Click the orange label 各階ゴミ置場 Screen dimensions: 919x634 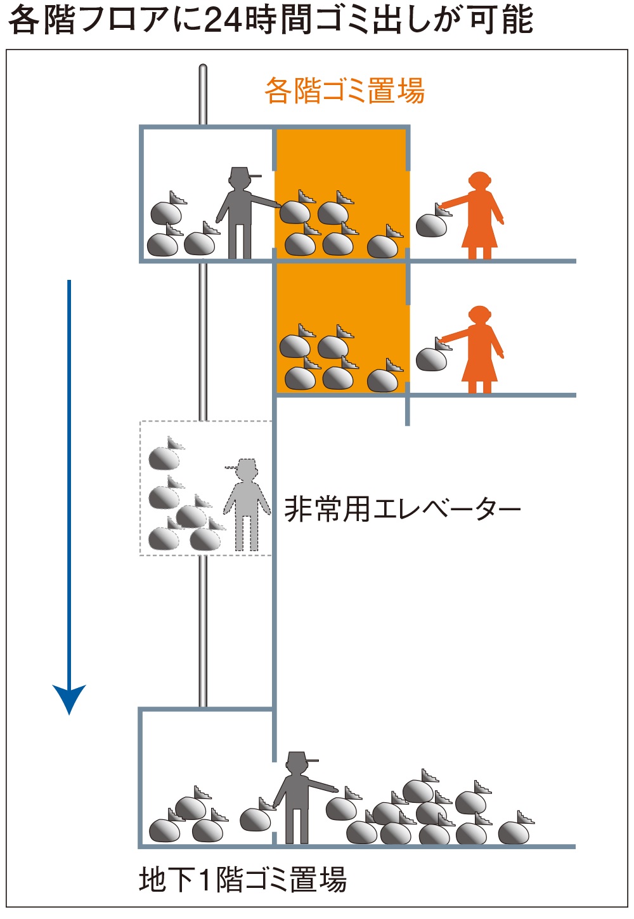point(344,91)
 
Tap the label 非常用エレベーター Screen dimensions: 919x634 point(403,509)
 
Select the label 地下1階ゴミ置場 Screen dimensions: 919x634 point(243,880)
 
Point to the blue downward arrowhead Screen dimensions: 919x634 point(69,698)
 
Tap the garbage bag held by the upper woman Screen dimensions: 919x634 point(432,224)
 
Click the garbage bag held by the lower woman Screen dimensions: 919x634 point(432,358)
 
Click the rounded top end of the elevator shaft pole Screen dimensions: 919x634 point(203,68)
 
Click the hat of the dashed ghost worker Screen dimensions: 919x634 point(243,465)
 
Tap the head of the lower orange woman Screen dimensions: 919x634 point(480,315)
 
